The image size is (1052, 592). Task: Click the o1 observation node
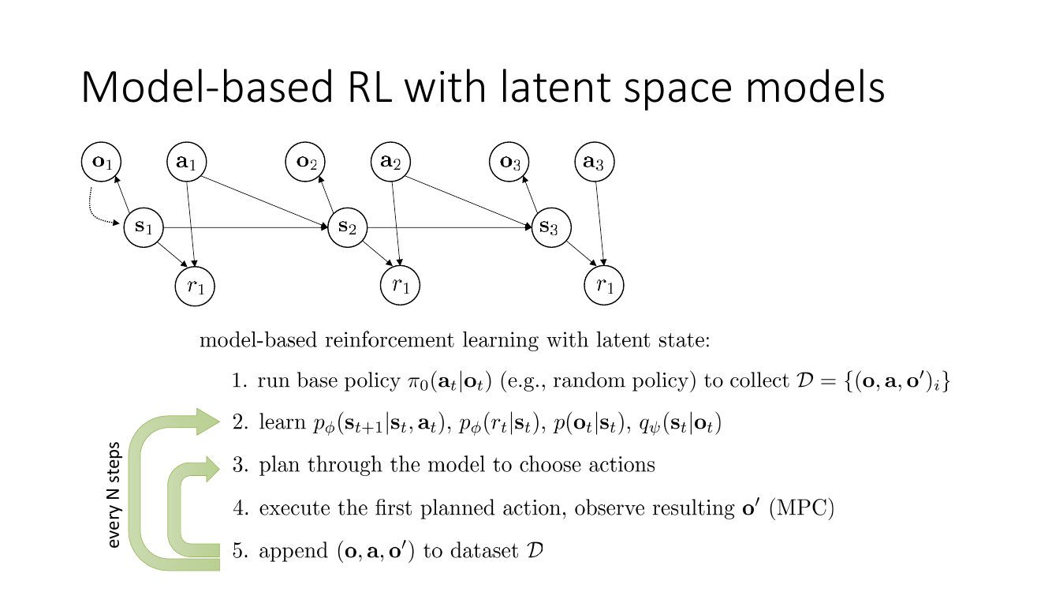tap(101, 162)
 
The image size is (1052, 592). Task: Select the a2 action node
tap(390, 162)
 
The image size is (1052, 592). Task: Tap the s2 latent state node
tap(348, 227)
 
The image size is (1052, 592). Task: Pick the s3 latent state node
tap(551, 227)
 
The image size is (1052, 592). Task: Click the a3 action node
tap(595, 162)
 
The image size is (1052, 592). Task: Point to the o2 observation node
tap(305, 162)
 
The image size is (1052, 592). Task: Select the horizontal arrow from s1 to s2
tap(245, 227)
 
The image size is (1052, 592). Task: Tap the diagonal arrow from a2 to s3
tap(468, 203)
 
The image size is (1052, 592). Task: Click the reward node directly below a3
tap(604, 286)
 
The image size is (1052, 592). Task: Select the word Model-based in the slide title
tap(207, 88)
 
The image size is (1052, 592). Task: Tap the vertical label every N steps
tap(114, 495)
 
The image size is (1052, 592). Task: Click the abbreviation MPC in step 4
tap(801, 508)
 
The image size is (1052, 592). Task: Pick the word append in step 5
tap(293, 552)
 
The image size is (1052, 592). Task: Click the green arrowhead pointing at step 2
tap(207, 422)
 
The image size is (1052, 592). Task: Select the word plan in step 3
tap(279, 466)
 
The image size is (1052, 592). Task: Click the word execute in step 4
tap(294, 508)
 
